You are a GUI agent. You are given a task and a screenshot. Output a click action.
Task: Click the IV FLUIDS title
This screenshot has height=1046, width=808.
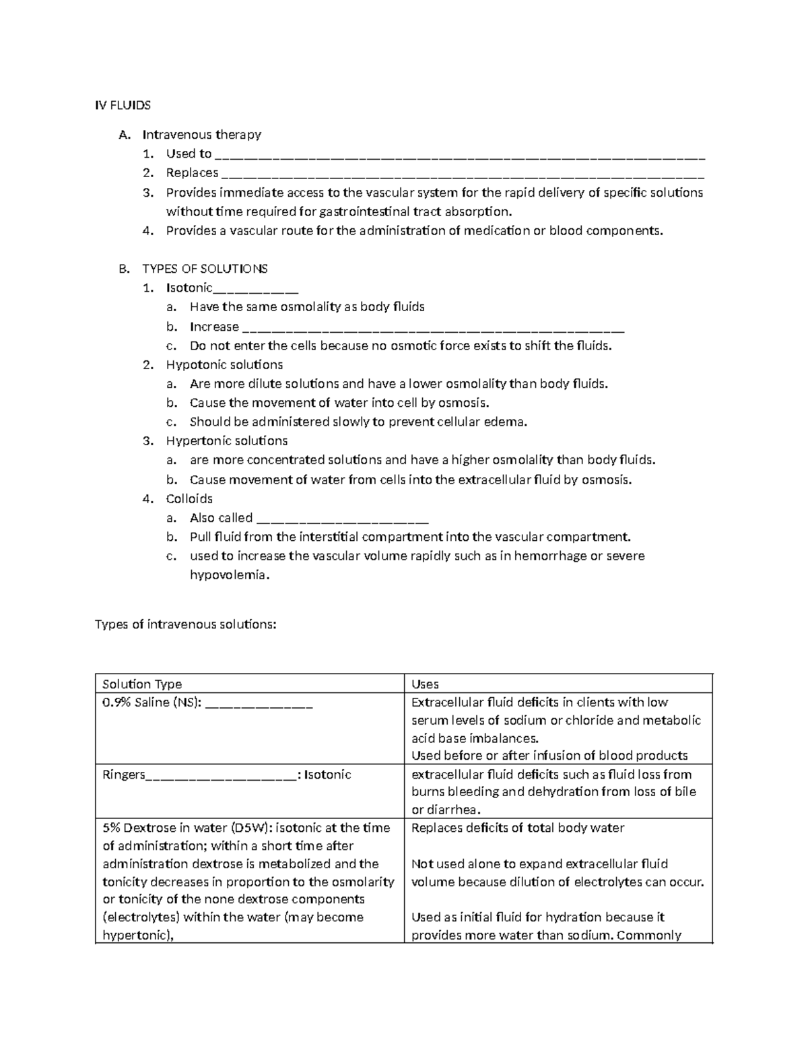coord(123,105)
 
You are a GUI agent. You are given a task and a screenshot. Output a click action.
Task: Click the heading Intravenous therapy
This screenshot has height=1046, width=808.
coord(201,135)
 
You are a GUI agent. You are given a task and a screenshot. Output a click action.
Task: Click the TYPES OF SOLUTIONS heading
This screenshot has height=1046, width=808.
coord(205,269)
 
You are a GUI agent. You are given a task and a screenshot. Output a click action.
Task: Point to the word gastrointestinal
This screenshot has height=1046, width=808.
coord(364,211)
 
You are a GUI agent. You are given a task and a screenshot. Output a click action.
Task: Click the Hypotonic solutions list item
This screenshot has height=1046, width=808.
coord(224,365)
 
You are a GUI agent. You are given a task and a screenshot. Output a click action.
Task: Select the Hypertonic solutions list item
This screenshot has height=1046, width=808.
coord(227,441)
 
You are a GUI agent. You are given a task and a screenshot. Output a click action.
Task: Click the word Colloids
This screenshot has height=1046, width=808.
coord(189,499)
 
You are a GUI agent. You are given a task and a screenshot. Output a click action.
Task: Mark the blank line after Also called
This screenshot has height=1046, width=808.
coord(343,521)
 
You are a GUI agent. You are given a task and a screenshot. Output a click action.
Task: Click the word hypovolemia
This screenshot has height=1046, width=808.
coord(229,575)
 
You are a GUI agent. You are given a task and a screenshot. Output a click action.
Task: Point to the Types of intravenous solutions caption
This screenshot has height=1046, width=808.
coord(186,624)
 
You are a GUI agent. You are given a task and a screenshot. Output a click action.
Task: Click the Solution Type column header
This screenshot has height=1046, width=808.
coord(142,684)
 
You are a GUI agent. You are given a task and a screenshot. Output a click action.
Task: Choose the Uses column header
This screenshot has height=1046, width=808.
coord(425,684)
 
